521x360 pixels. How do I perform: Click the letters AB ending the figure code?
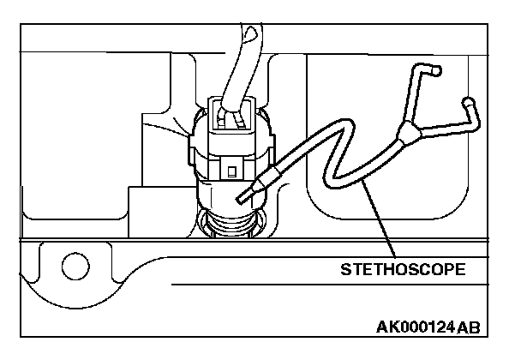coord(469,327)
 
